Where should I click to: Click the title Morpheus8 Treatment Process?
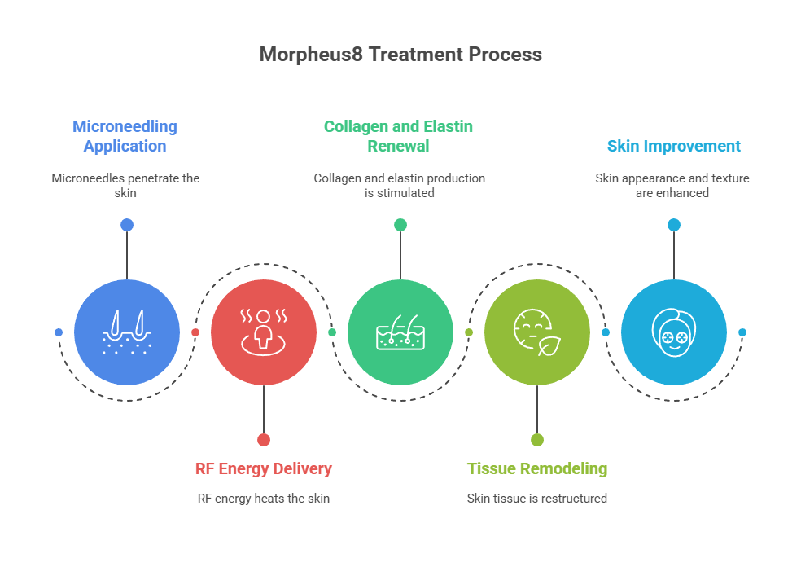(x=400, y=55)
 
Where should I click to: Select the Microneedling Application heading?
(x=125, y=136)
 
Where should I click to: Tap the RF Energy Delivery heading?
(x=263, y=468)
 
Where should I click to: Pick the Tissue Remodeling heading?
(x=536, y=468)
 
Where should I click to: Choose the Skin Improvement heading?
(x=673, y=146)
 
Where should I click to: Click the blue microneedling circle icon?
(x=126, y=332)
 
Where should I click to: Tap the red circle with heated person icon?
(x=263, y=332)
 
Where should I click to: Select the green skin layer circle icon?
(x=400, y=332)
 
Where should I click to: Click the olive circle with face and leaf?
(x=536, y=332)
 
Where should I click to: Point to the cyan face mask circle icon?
(x=673, y=332)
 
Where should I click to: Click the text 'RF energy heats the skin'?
(x=263, y=498)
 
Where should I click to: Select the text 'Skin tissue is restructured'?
(x=536, y=498)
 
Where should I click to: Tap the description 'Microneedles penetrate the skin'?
(x=125, y=185)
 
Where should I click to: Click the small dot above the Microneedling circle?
(x=126, y=225)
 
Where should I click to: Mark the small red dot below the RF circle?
(x=263, y=439)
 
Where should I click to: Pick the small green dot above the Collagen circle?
(x=400, y=225)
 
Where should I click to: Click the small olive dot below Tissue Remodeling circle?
(x=536, y=439)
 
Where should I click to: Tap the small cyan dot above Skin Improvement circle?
(x=673, y=225)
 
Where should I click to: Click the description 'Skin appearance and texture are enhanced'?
(x=672, y=185)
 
